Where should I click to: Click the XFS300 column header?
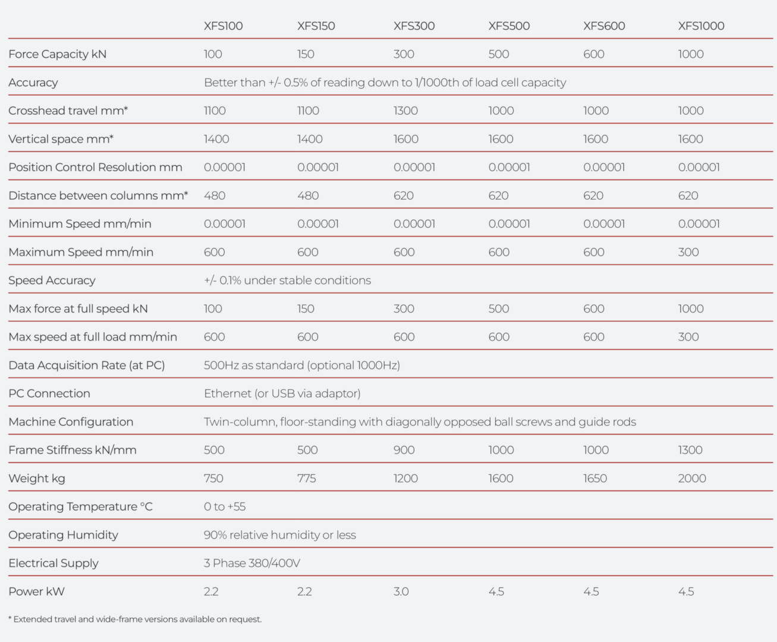click(x=414, y=26)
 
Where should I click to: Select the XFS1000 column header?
click(x=701, y=26)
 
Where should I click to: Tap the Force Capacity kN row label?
click(x=58, y=54)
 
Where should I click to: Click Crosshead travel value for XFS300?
click(x=405, y=111)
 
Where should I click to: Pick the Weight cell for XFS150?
click(x=307, y=479)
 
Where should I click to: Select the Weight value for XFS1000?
click(x=692, y=479)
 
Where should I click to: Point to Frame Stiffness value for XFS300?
click(x=404, y=450)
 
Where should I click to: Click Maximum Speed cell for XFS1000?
click(x=688, y=252)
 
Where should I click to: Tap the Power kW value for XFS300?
click(x=401, y=591)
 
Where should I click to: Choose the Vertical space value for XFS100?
click(x=216, y=139)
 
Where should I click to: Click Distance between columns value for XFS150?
click(x=308, y=196)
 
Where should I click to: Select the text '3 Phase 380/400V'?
click(x=252, y=563)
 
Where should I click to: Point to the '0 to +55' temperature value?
click(x=225, y=506)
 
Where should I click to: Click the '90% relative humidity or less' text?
click(x=280, y=535)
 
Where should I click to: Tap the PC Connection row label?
click(x=49, y=394)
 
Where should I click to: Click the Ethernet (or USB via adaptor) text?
click(x=282, y=394)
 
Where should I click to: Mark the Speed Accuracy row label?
click(x=52, y=281)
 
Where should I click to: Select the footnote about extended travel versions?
click(x=135, y=619)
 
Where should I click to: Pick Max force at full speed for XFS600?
click(x=593, y=309)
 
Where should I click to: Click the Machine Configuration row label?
click(x=71, y=422)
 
